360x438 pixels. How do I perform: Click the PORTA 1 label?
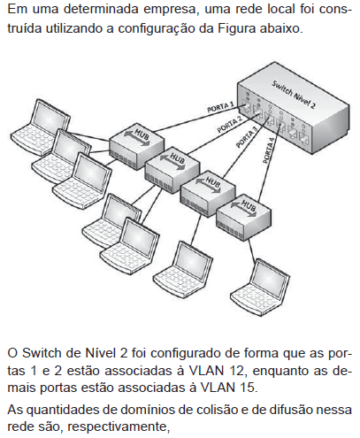pos(220,107)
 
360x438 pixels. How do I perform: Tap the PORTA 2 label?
pos(229,125)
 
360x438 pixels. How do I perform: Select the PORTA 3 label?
pos(247,136)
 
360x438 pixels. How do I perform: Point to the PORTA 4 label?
pos(268,150)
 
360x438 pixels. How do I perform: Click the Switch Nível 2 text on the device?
pos(294,95)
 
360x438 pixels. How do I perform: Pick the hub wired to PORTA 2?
pos(172,169)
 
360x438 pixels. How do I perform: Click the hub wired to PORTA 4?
pos(243,217)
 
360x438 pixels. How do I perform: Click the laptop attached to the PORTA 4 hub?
pos(260,288)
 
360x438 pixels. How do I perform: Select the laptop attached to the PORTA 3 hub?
pos(183,270)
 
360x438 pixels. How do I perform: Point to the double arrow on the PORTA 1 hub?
pos(137,138)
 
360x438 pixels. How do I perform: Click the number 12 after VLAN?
pos(236,371)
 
